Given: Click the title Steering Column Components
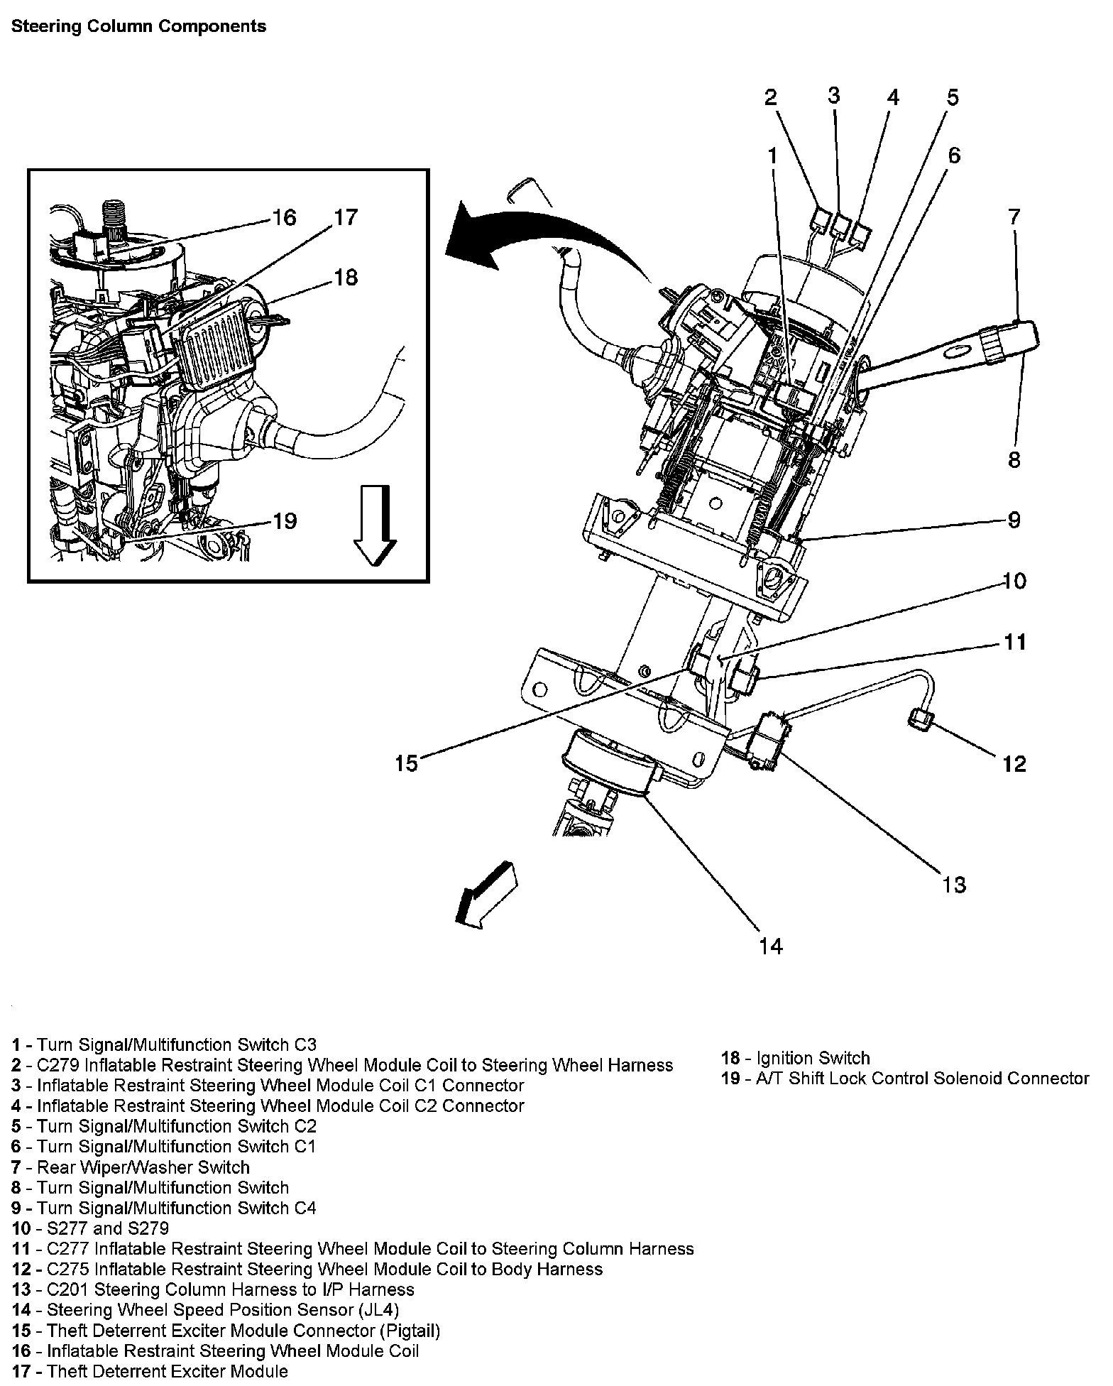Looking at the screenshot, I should (139, 27).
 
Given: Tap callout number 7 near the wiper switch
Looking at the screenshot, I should (1014, 217).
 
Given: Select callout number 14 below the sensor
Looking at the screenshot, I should (770, 946).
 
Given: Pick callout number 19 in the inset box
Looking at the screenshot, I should (284, 521).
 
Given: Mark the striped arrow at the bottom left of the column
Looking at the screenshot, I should (487, 895).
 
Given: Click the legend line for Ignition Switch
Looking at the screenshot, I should (795, 1058).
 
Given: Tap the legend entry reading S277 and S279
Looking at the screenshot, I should (90, 1228).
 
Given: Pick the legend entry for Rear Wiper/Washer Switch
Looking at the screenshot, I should (131, 1167).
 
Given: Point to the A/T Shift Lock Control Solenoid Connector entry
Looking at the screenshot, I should (904, 1079).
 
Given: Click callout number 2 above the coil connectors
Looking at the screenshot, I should (771, 97).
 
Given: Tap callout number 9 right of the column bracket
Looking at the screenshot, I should (1014, 520).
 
